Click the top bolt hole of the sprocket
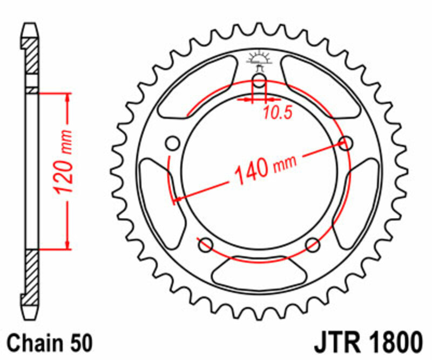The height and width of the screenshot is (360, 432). [259, 83]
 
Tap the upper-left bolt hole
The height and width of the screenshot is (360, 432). [173, 143]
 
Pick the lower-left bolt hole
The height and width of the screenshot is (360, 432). [205, 245]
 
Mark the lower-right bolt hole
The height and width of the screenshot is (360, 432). [312, 245]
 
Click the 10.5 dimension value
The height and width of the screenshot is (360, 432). [278, 113]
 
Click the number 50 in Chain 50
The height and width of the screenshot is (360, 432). [79, 344]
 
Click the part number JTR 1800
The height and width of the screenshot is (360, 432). [367, 343]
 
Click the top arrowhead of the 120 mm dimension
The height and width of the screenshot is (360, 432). [68, 98]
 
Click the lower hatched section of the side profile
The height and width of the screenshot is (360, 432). [31, 273]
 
